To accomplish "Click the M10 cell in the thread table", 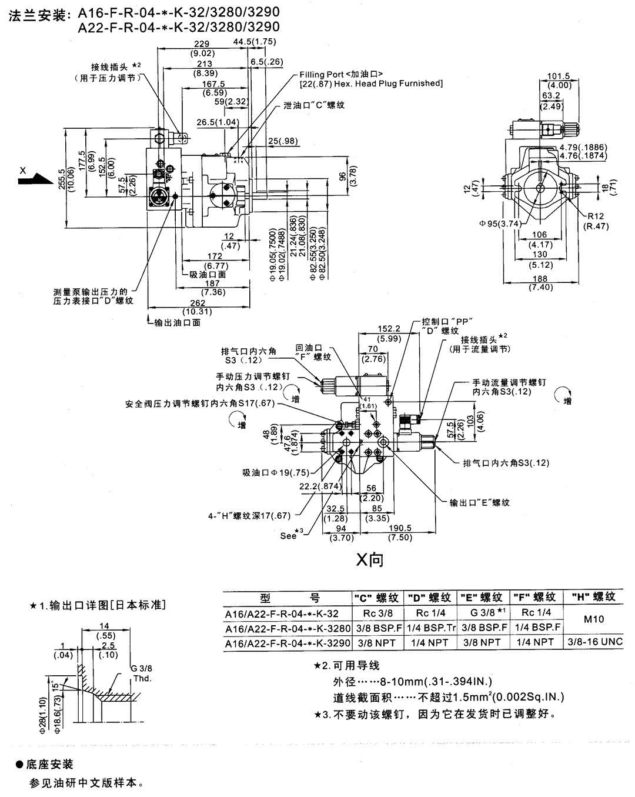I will click(x=593, y=619).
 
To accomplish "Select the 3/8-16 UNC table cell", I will click(x=593, y=642).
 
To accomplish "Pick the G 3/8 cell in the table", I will click(x=482, y=613).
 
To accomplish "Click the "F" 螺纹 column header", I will click(x=534, y=597).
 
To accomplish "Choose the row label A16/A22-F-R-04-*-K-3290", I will click(x=288, y=643).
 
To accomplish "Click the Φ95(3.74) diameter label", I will click(x=499, y=223).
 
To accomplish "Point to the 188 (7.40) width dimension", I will click(x=539, y=283).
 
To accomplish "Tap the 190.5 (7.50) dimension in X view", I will click(x=400, y=533).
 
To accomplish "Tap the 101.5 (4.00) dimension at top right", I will click(x=559, y=80).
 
